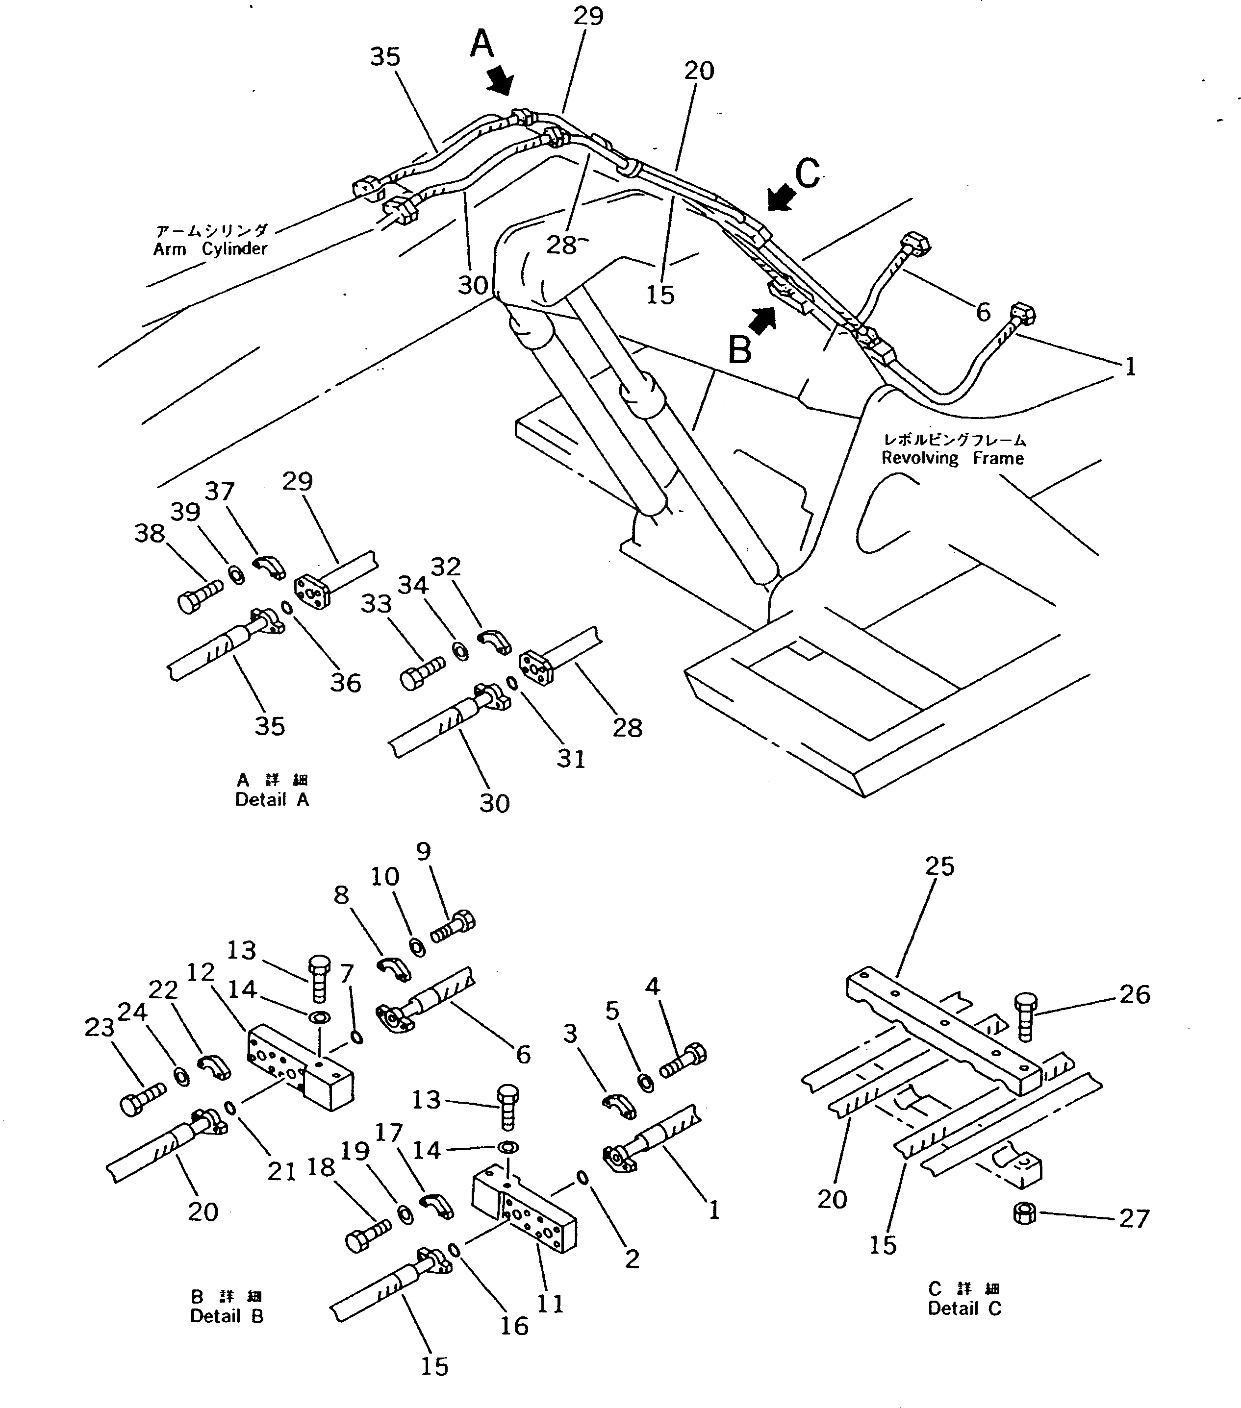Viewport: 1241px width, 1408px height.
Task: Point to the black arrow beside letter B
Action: click(x=761, y=321)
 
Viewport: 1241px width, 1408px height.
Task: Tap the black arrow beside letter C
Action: click(x=782, y=199)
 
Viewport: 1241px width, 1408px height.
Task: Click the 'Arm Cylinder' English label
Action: click(x=210, y=248)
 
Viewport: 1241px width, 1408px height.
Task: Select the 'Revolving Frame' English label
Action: click(x=952, y=458)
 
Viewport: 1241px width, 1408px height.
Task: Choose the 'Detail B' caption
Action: click(x=227, y=1316)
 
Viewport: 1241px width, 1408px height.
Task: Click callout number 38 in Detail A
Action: click(x=150, y=533)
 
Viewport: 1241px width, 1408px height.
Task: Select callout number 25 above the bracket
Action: click(x=940, y=866)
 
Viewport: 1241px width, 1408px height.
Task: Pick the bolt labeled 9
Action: click(x=454, y=927)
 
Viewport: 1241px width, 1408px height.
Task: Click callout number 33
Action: click(x=376, y=603)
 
